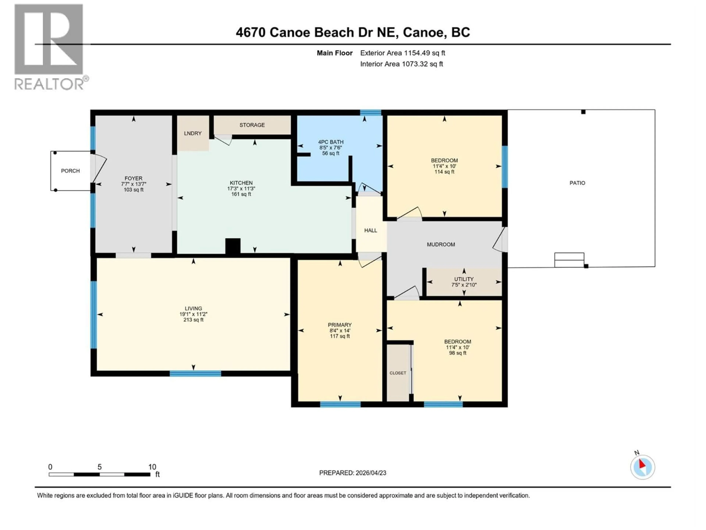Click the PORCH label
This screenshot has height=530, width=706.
click(x=70, y=171)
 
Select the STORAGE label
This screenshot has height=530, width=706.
click(x=252, y=125)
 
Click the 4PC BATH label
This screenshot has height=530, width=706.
click(x=331, y=142)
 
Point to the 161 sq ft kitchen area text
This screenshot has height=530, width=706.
click(x=241, y=194)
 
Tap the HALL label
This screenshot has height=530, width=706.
click(x=370, y=230)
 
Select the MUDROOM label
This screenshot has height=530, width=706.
click(x=441, y=244)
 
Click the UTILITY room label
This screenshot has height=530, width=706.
click(x=464, y=279)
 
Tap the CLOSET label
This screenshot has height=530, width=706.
click(x=398, y=373)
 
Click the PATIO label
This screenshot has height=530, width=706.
click(x=577, y=183)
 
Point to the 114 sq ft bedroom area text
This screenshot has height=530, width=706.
click(x=444, y=172)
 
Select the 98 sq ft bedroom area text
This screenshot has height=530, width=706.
click(x=457, y=353)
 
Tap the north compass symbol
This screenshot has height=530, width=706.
click(x=642, y=467)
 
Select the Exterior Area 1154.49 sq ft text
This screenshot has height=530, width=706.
click(x=402, y=53)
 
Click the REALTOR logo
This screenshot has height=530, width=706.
click(x=49, y=46)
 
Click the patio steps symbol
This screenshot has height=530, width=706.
click(x=569, y=260)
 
